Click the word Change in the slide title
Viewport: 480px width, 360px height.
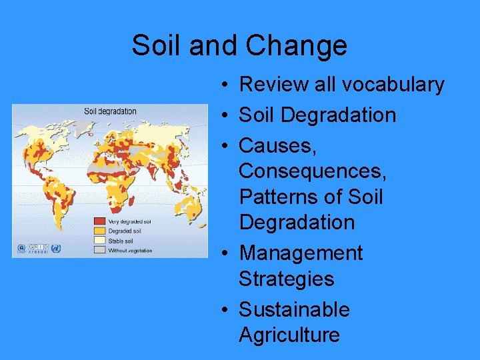[x=297, y=45]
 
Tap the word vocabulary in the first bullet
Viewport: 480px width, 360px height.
[x=392, y=85]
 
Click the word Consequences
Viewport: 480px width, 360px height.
[x=312, y=171]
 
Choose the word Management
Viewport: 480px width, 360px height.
[x=301, y=253]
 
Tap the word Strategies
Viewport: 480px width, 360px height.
[x=286, y=279]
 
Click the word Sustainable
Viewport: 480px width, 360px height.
[x=294, y=309]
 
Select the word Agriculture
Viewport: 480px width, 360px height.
[x=289, y=335]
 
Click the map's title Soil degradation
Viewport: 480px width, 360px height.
[x=110, y=111]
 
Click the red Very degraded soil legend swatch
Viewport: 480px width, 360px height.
[x=99, y=221]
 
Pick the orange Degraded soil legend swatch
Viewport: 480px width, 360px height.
[x=99, y=231]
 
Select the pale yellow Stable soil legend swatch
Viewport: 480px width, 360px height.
[x=99, y=241]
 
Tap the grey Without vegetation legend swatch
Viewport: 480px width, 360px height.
[x=99, y=251]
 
